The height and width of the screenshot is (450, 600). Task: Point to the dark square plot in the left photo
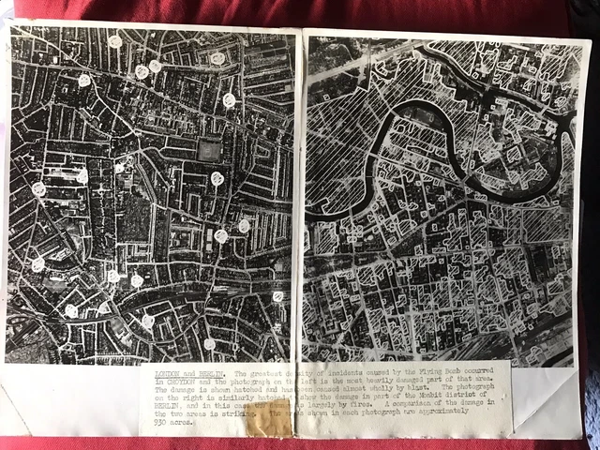pyautogui.click(x=210, y=149)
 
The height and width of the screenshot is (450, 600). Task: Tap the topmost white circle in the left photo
pyautogui.click(x=115, y=41)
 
